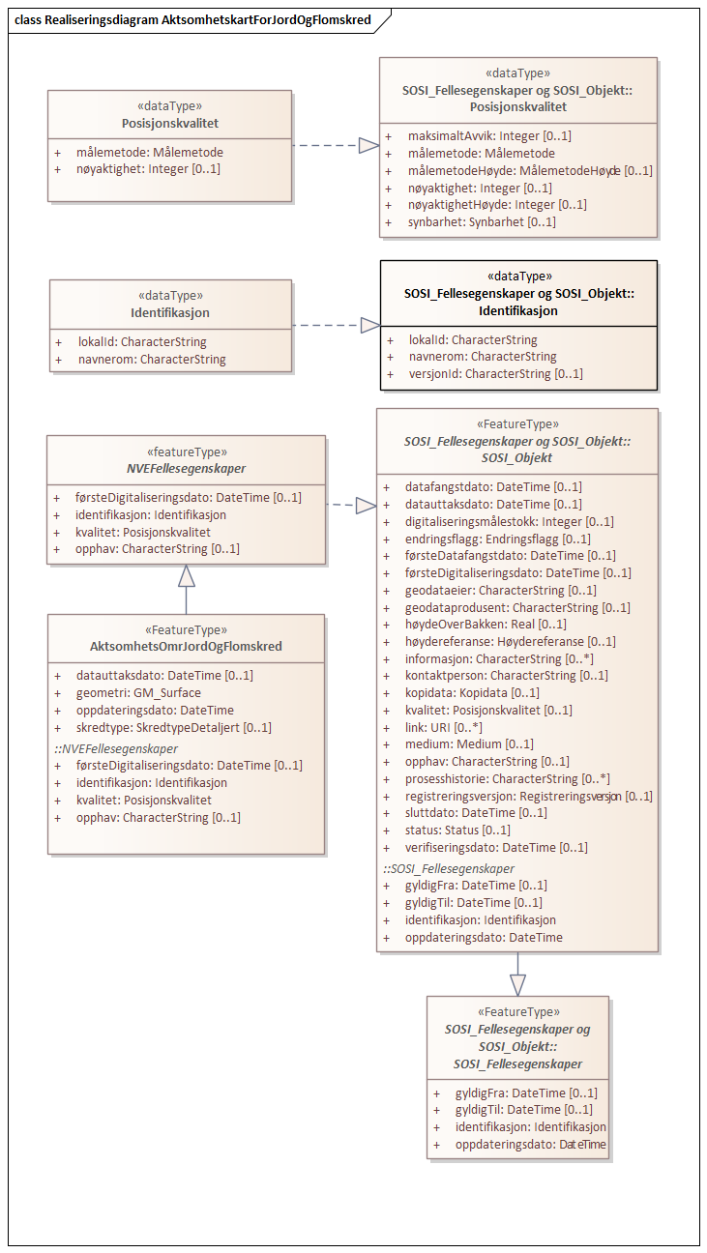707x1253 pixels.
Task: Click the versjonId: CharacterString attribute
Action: [495, 373]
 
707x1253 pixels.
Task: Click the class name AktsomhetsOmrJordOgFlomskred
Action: [187, 646]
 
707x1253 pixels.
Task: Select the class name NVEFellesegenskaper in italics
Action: [185, 468]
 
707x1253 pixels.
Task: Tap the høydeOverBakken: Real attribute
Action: [486, 624]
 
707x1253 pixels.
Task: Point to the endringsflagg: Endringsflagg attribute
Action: [497, 539]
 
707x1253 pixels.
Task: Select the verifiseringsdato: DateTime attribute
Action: [496, 847]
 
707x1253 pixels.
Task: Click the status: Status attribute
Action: [457, 830]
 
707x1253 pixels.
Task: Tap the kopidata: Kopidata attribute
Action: [472, 692]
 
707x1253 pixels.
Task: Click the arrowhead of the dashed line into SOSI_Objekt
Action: [365, 505]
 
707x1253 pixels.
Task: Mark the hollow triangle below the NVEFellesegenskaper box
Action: [187, 576]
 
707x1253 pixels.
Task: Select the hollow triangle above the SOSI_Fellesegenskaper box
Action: [517, 984]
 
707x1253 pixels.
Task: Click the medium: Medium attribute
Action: [469, 743]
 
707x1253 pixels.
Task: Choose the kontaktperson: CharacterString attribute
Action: [506, 675]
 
